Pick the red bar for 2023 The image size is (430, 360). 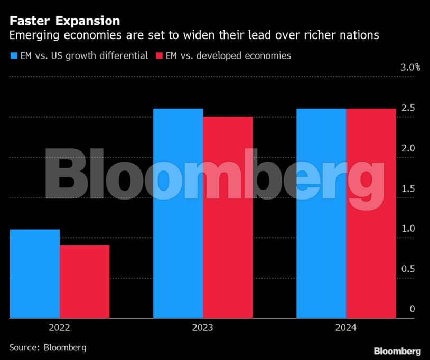[x=228, y=217]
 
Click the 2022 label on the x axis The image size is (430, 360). [x=60, y=328]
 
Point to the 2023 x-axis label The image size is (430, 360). [x=203, y=328]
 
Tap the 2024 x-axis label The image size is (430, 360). [x=346, y=328]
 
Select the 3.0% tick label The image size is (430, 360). [x=410, y=68]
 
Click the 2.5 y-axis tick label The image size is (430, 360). [x=408, y=108]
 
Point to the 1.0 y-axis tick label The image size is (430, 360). [x=408, y=229]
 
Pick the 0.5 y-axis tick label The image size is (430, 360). [x=408, y=269]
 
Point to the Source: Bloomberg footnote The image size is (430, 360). [x=48, y=347]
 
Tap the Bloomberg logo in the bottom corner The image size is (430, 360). [x=397, y=351]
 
